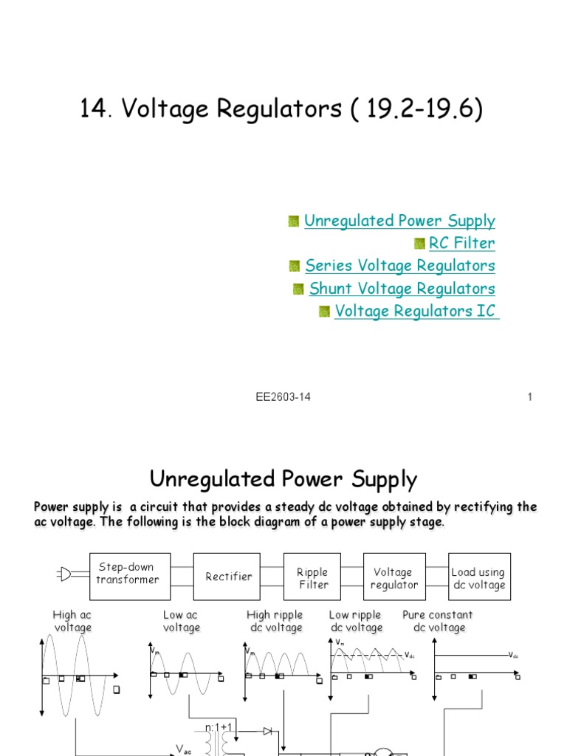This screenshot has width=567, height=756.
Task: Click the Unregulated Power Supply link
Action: [x=399, y=221]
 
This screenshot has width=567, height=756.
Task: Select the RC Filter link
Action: [x=461, y=243]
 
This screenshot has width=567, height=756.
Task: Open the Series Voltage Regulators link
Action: [x=399, y=265]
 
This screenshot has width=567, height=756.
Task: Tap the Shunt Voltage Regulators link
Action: [x=402, y=288]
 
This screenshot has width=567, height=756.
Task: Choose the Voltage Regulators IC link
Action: [x=416, y=311]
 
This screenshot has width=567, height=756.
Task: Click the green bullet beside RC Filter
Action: [x=419, y=244]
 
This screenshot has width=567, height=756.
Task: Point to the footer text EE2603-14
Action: [x=283, y=397]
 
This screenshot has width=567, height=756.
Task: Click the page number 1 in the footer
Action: [x=529, y=397]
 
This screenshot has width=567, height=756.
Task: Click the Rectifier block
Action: [x=228, y=577]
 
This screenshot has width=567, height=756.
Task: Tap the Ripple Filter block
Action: [x=312, y=578]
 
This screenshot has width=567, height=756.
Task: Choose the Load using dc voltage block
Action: [x=478, y=578]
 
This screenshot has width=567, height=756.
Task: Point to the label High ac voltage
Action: [x=72, y=621]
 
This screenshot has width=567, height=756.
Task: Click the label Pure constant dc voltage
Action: [x=438, y=621]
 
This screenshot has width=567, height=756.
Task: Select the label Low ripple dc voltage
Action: [x=355, y=621]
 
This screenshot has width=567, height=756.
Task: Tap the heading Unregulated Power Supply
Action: [x=283, y=480]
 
